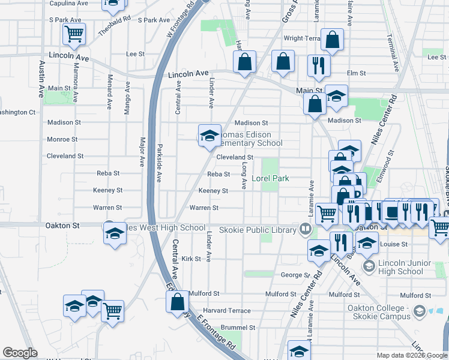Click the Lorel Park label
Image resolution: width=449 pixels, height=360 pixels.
point(270,178)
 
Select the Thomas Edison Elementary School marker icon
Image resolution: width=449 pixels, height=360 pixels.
point(209,136)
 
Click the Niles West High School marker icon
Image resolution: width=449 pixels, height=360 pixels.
point(112,233)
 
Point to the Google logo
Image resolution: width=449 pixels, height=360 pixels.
point(20,353)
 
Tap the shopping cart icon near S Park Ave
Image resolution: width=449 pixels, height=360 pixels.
point(74,34)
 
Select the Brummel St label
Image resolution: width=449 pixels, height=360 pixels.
point(238,328)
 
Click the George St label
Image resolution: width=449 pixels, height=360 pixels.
point(294,275)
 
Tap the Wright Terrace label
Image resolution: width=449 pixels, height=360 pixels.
point(302,38)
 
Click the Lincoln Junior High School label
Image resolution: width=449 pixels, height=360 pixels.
point(405,267)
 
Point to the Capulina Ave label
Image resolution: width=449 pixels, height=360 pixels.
point(68,3)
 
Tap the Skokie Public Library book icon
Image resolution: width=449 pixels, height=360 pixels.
point(306,229)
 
